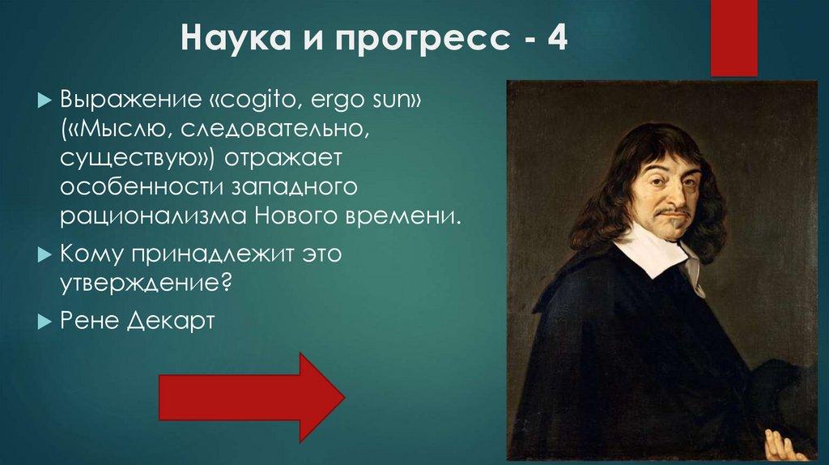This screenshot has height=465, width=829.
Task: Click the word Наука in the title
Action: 222,38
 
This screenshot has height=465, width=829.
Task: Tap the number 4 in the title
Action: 555,38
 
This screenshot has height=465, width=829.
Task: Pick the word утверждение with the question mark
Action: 147,284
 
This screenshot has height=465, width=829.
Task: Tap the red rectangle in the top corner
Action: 733,36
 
